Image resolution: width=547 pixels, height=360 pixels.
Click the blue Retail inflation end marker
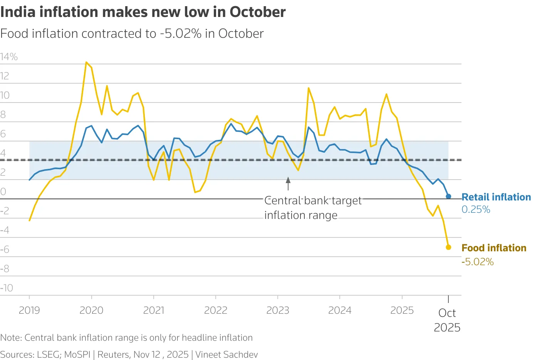[448, 196]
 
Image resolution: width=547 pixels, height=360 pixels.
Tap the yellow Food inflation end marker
[448, 247]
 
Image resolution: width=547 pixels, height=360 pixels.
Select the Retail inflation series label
[496, 197]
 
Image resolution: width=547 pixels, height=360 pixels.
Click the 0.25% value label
[476, 210]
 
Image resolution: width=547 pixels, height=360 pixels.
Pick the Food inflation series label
[494, 248]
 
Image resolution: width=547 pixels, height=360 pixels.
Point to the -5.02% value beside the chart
[478, 262]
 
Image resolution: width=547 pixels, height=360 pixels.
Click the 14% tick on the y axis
[9, 57]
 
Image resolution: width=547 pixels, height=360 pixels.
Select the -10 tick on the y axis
[7, 288]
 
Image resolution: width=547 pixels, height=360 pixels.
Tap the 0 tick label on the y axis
[3, 192]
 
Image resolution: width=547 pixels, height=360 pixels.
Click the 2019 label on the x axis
[29, 310]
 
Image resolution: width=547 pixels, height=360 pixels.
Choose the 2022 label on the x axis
[216, 310]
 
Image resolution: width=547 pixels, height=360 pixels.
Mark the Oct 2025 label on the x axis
[447, 320]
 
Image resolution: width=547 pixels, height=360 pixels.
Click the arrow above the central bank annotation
[288, 183]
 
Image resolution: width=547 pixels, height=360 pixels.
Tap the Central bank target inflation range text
[313, 208]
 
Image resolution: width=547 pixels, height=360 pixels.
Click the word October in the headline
[258, 12]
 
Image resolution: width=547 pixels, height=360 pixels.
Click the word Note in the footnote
[10, 338]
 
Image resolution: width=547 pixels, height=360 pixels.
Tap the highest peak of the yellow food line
[86, 62]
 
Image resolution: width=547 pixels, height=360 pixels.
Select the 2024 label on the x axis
[340, 310]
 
